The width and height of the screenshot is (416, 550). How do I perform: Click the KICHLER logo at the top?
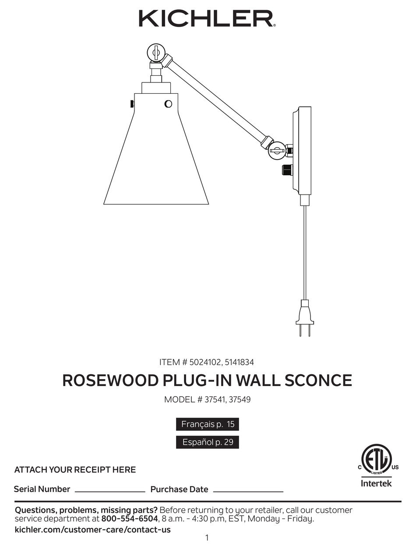point(207,19)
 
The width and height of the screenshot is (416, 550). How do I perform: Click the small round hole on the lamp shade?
point(168,104)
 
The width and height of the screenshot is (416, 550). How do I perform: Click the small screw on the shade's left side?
point(132,104)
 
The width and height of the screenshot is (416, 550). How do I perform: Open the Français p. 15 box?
point(208,424)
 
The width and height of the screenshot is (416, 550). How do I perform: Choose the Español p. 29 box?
point(208,442)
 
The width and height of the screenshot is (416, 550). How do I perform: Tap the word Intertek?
point(376,483)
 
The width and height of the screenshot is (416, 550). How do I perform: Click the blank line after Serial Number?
point(110,491)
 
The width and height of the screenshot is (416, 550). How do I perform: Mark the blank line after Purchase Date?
point(248,491)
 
